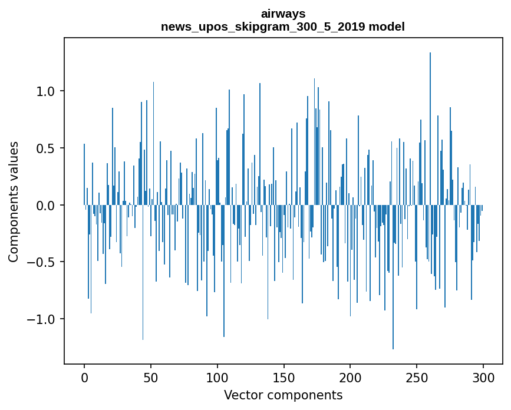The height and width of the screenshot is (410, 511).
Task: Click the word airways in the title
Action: [283, 14]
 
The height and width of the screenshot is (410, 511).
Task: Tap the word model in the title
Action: [387, 27]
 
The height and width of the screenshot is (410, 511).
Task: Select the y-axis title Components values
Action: [14, 201]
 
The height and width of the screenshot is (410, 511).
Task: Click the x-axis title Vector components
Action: [283, 395]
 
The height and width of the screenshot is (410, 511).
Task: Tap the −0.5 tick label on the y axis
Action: [43, 262]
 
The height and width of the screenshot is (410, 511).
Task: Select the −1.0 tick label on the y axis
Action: [43, 319]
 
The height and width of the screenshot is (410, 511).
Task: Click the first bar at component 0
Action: [84, 174]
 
